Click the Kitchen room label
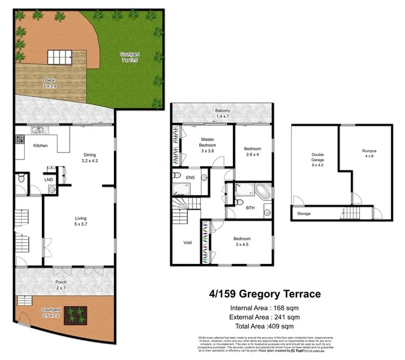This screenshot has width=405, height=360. (x=40, y=146)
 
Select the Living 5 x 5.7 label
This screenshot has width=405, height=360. (x=80, y=221)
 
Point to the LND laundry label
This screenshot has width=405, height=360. (x=48, y=179)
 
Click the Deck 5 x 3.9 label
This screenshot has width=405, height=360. (x=50, y=83)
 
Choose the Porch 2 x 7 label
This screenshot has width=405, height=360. (x=61, y=285)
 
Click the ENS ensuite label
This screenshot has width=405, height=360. (x=190, y=178)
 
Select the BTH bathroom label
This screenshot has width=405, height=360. (x=250, y=208)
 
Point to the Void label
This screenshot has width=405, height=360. (x=187, y=243)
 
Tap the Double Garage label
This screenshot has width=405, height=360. (x=317, y=157)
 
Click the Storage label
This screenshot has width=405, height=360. (x=304, y=213)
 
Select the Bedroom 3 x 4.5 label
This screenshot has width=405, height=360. (x=242, y=242)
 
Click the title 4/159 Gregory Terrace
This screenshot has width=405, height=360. (x=264, y=294)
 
